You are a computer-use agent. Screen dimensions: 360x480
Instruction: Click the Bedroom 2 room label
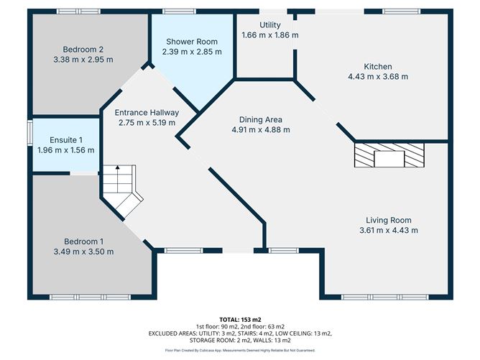coord(83,49)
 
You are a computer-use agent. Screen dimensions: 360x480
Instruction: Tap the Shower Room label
coord(192,41)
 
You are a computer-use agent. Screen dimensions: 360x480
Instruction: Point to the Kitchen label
coord(377,66)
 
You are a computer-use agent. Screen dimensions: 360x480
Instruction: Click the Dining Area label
coord(259,119)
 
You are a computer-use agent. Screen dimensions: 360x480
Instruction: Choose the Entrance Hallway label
coord(147,113)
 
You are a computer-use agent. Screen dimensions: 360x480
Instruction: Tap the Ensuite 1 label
coord(67,139)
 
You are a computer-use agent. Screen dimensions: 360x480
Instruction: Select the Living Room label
coord(388,220)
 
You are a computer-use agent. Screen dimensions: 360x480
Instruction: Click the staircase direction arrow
coord(118,171)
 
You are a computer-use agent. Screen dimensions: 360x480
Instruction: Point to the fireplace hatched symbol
coord(389,155)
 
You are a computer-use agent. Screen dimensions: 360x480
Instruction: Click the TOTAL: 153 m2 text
coord(240,319)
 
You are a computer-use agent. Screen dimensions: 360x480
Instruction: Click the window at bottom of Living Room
coord(388,297)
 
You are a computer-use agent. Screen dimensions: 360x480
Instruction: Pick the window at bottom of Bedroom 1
coord(90,297)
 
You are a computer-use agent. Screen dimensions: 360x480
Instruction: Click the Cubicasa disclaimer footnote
coord(240,350)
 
